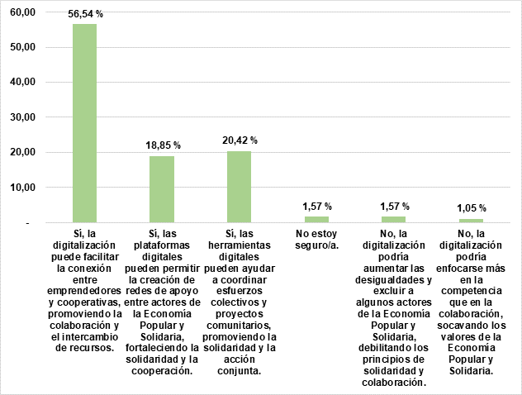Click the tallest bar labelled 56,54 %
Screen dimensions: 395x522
(x=84, y=124)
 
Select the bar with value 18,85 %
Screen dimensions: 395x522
(x=162, y=189)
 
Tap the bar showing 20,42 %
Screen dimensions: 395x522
(x=239, y=187)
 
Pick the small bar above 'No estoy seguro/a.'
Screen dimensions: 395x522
(x=316, y=219)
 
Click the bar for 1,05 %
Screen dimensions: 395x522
(x=471, y=221)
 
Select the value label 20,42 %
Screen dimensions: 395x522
(x=240, y=140)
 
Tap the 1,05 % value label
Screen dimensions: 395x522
(x=472, y=207)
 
